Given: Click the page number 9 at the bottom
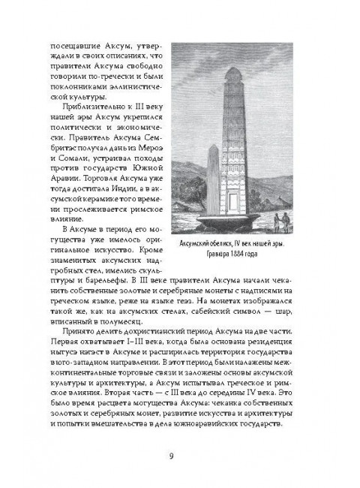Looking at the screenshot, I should (x=181, y=453).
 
